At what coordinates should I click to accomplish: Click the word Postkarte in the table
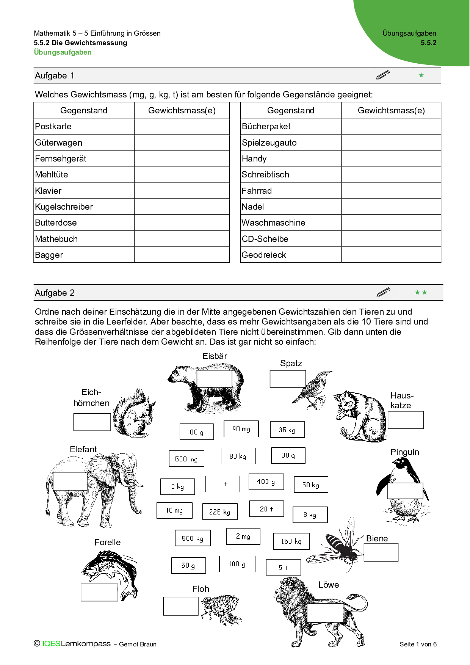pyautogui.click(x=53, y=126)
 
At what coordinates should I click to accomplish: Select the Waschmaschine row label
pyautogui.click(x=273, y=223)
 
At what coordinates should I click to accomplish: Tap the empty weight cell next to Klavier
pyautogui.click(x=182, y=191)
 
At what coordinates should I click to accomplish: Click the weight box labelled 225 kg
pyautogui.click(x=220, y=511)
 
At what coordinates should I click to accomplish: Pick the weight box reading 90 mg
pyautogui.click(x=241, y=429)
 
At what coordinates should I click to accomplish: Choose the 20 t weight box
pyautogui.click(x=266, y=509)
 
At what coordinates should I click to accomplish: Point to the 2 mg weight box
pyautogui.click(x=243, y=536)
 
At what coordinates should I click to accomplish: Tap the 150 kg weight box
pyautogui.click(x=291, y=541)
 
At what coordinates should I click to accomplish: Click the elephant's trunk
pyautogui.click(x=133, y=497)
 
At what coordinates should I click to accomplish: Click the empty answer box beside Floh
pyautogui.click(x=181, y=606)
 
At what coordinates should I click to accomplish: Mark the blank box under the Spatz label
pyautogui.click(x=288, y=379)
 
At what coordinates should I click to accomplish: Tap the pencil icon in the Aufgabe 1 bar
pyautogui.click(x=382, y=75)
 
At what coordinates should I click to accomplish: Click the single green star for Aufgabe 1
pyautogui.click(x=421, y=75)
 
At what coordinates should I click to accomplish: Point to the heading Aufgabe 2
pyautogui.click(x=55, y=293)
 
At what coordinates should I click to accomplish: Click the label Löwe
pyautogui.click(x=328, y=585)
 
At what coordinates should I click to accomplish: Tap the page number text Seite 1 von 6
pyautogui.click(x=418, y=644)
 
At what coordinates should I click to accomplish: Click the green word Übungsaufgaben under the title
pyautogui.click(x=63, y=52)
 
